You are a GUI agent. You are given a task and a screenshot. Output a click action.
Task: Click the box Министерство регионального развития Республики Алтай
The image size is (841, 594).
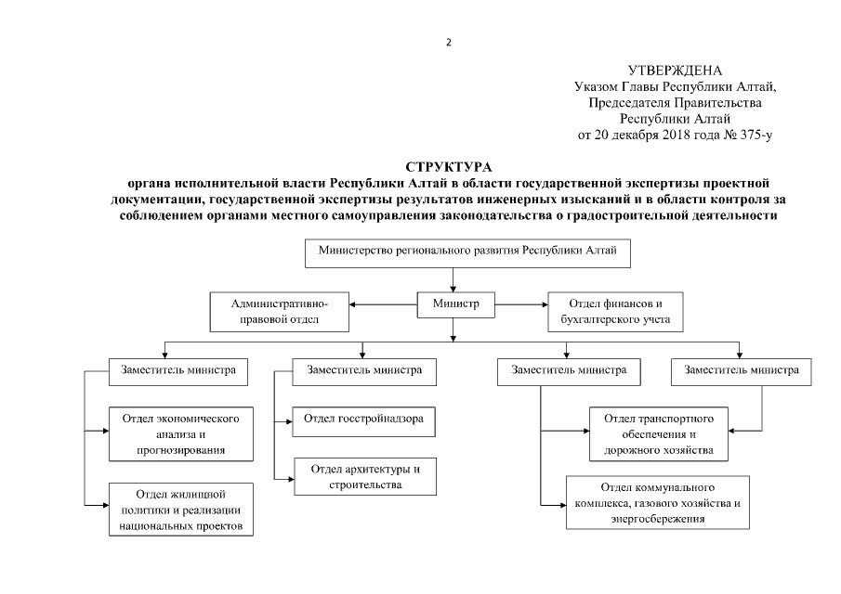point(453,252)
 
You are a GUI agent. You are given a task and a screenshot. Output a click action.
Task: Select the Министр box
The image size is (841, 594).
point(453,304)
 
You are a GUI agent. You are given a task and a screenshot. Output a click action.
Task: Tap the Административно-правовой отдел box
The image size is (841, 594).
point(281,312)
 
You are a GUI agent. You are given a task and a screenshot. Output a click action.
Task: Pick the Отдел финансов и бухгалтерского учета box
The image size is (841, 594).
point(615,312)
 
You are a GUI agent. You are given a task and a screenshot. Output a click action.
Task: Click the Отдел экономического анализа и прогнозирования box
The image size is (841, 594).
point(181,434)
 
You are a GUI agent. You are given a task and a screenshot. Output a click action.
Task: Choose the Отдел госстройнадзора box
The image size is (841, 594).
point(363,420)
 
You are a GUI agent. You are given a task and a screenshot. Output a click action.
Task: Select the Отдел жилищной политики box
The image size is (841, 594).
point(181,510)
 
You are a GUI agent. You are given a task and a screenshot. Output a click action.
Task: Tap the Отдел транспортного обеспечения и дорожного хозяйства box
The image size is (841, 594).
point(657,434)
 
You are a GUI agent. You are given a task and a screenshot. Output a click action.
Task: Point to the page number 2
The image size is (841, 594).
point(448,42)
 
